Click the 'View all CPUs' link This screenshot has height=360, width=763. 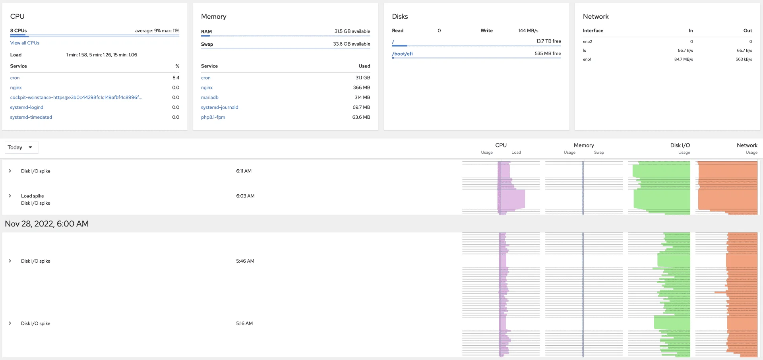click(25, 43)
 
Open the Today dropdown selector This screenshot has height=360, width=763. click(21, 147)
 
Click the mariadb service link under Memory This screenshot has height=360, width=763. click(210, 97)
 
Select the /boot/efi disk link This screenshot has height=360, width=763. click(402, 54)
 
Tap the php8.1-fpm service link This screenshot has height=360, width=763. click(213, 117)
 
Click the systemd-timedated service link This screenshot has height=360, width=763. click(31, 117)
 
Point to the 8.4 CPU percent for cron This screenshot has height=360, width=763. click(176, 77)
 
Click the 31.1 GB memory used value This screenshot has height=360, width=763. click(362, 77)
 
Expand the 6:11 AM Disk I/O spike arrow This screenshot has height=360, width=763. click(10, 171)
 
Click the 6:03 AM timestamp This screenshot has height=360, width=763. click(245, 196)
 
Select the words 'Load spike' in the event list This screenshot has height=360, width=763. click(33, 196)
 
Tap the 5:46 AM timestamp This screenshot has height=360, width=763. click(245, 261)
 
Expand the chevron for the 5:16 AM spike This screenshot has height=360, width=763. click(10, 323)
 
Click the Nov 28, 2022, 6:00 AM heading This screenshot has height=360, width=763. click(47, 224)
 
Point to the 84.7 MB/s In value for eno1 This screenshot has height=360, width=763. click(684, 60)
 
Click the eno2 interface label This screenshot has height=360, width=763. click(587, 42)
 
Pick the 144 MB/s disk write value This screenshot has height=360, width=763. click(528, 31)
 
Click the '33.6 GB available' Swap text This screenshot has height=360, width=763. click(352, 44)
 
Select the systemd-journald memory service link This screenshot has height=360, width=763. click(220, 107)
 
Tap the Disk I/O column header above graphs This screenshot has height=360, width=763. click(680, 145)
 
